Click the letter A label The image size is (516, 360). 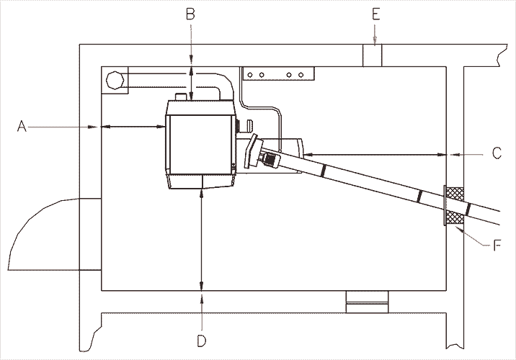pyautogui.click(x=22, y=127)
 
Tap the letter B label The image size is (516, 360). pyautogui.click(x=190, y=13)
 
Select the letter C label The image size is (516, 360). pyautogui.click(x=497, y=153)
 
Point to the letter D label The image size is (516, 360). pyautogui.click(x=202, y=339)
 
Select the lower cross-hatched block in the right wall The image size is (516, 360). pyautogui.click(x=454, y=218)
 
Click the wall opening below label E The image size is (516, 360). pyautogui.click(x=373, y=56)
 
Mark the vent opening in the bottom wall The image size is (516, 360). pyautogui.click(x=367, y=302)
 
